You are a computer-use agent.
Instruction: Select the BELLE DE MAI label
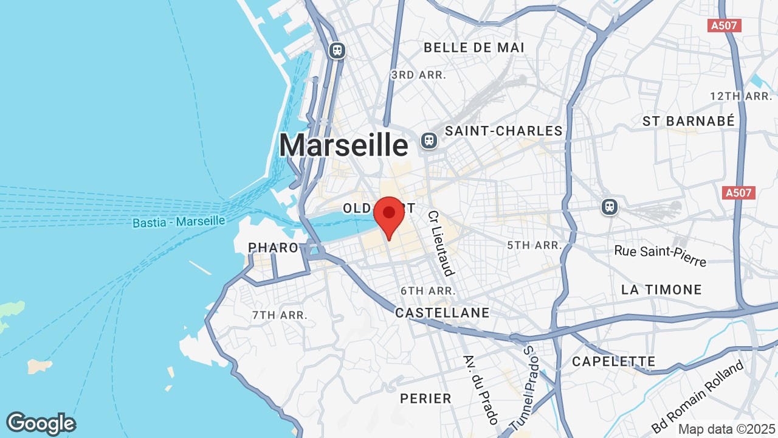coord(474,47)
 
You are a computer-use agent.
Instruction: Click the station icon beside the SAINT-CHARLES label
coord(429,141)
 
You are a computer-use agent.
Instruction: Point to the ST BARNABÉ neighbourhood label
coord(689,121)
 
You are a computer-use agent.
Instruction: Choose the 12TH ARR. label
coord(741,96)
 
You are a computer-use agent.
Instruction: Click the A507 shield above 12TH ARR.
coord(725,26)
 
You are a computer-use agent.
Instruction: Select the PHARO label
coord(274,248)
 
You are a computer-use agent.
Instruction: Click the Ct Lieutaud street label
coord(441,243)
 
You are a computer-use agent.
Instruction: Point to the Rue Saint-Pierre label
coord(660,255)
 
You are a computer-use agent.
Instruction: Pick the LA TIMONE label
coord(661,290)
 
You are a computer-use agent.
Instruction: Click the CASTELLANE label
coord(442,313)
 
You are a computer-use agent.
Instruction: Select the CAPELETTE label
coord(613,361)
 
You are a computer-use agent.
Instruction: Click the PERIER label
coord(425,398)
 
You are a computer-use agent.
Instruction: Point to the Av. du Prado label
coord(480,390)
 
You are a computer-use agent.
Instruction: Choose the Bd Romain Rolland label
coord(697,397)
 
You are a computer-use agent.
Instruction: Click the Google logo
coord(41,423)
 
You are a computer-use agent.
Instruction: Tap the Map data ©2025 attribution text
coord(726,429)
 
